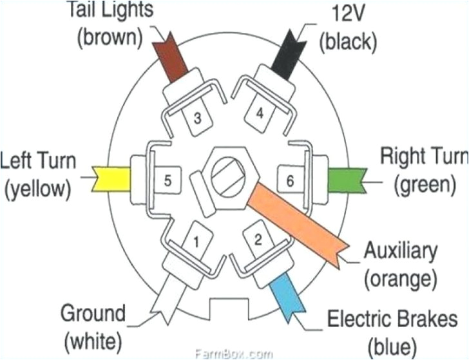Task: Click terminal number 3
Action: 198,117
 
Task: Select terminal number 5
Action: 167,181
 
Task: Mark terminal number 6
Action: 290,181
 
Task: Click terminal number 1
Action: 191,243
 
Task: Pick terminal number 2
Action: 258,241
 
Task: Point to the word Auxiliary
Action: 400,252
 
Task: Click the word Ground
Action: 93,314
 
